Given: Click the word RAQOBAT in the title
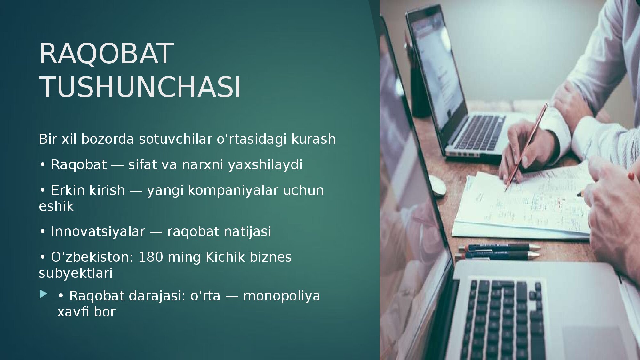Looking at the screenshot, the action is pos(106,54).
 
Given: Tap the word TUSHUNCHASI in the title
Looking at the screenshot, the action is pos(140,87).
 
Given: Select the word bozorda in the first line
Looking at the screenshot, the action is pos(108,139).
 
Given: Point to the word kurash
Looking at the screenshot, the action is pos(314,139).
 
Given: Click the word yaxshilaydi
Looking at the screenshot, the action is pos(265,165).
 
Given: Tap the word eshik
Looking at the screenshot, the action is pos(56,206).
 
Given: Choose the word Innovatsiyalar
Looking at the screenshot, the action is pos(98,231).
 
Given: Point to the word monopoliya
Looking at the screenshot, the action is pos(282,296).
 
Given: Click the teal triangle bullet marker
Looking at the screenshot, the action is pos(43,294).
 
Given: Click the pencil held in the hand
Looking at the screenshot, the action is pos(526,148).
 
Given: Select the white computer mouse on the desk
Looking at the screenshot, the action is pos(437,185).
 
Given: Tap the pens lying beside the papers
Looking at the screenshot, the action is pos(498,252).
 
